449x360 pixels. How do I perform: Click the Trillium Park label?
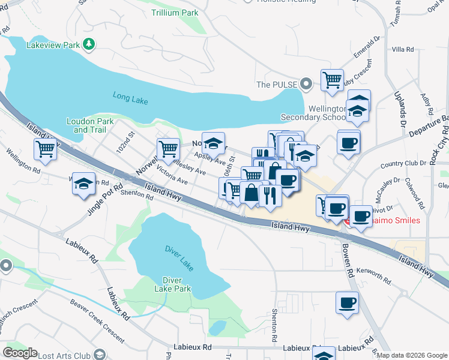(175, 12)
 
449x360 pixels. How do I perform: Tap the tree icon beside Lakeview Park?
(89, 44)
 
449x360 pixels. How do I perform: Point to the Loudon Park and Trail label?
(86, 125)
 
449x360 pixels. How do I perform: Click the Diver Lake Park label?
(176, 284)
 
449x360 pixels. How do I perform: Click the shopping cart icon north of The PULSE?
(332, 79)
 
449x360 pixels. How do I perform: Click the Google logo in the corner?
(20, 352)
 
